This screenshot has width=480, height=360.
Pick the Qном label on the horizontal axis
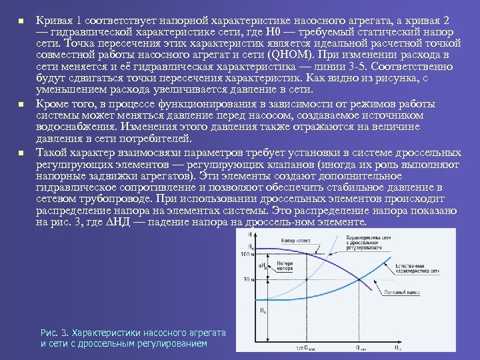point(361,347)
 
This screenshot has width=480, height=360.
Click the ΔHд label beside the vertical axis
point(265,265)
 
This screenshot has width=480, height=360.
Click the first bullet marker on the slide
point(21,21)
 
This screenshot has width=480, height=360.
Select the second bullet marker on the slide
point(21,105)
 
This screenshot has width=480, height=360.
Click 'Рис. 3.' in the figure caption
point(53,332)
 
